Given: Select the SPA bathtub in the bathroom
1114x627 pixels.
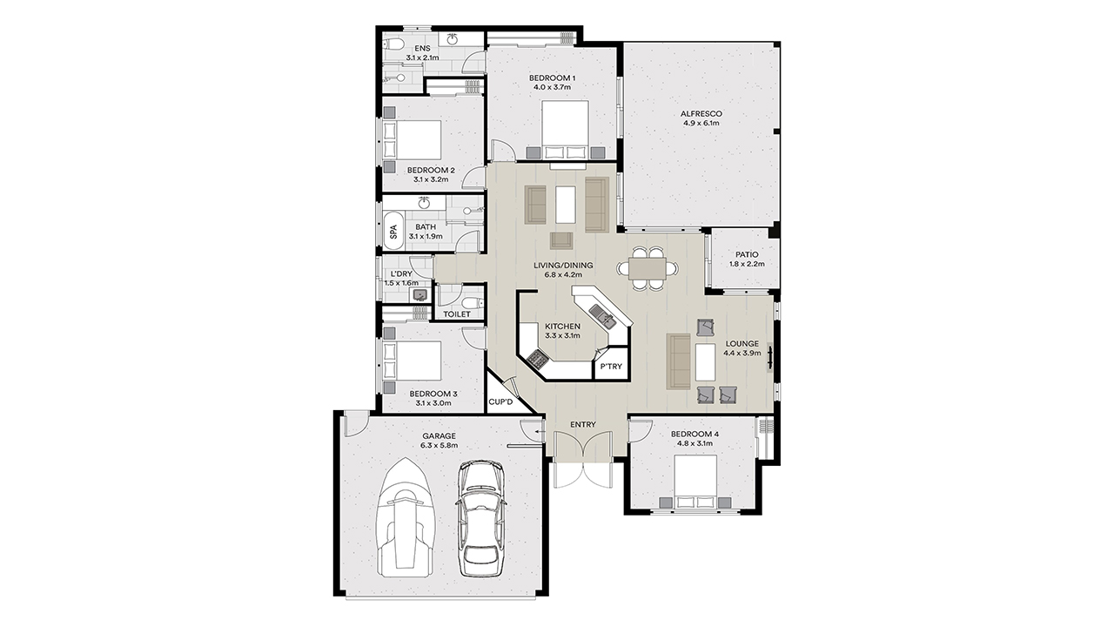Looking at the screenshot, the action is (x=393, y=232).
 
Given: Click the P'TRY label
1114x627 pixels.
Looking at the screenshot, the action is (x=611, y=367).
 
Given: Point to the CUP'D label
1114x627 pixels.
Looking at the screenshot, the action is (x=500, y=401).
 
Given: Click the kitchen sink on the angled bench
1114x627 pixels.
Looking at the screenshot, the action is (x=603, y=316).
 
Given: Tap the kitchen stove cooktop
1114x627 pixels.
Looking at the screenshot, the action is (x=537, y=358).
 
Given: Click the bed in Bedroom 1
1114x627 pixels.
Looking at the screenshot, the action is (x=565, y=130).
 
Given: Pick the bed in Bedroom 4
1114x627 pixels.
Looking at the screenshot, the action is (x=695, y=481).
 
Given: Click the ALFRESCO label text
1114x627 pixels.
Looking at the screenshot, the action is (x=701, y=114).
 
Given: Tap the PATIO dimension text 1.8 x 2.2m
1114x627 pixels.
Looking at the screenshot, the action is (x=747, y=264).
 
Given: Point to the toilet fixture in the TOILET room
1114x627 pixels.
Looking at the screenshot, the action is (x=472, y=302).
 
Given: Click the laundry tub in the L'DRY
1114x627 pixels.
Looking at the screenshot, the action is (x=420, y=295).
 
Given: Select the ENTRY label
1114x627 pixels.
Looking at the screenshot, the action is (x=583, y=424).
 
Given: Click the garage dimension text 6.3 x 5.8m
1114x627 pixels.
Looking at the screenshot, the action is (x=440, y=445).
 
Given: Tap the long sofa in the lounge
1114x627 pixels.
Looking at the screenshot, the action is (x=678, y=361).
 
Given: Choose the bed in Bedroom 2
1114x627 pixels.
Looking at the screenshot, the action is (x=413, y=140).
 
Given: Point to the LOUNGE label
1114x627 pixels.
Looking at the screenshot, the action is (x=742, y=344).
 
